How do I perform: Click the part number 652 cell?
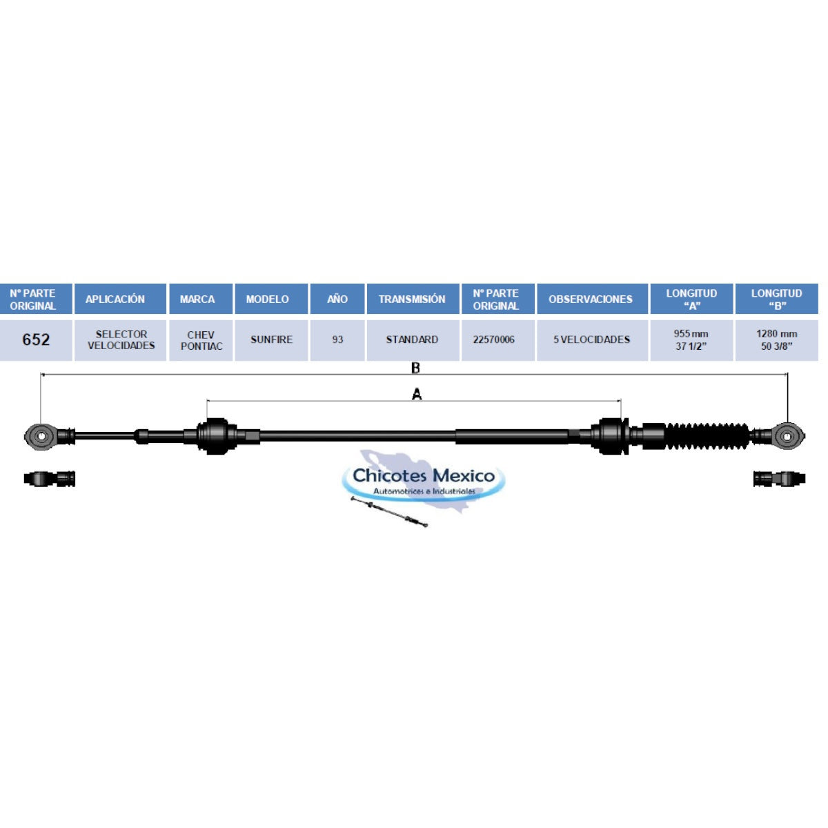coord(36,339)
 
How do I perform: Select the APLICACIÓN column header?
coord(115,299)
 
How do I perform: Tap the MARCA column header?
coord(197,299)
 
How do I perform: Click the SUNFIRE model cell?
coord(272,339)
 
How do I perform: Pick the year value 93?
coord(337,339)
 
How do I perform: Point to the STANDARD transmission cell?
coord(412,339)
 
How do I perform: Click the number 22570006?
coord(494,339)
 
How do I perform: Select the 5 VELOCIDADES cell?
coord(591,339)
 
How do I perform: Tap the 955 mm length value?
coord(691,333)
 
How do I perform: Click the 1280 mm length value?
coord(776,333)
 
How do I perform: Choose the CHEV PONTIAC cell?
coord(201,340)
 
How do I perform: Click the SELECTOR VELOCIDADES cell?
coord(121,340)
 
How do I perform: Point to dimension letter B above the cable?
coord(415,368)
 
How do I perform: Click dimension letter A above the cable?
coord(416,394)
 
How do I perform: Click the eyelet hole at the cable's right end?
coord(787,437)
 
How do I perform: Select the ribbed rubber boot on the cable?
coord(707,437)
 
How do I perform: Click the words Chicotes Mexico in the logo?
coord(424,475)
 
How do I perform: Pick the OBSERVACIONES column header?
coord(591,299)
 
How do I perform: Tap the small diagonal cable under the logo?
coord(389,511)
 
